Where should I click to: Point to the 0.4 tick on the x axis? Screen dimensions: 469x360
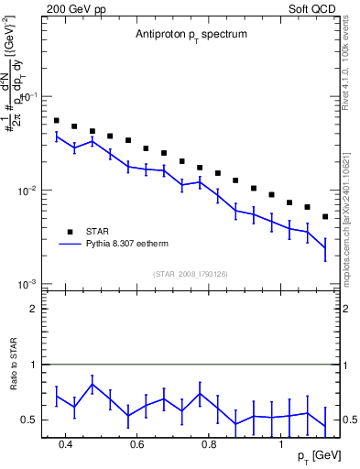(x=65, y=444)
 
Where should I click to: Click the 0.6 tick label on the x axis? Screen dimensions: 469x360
(x=136, y=444)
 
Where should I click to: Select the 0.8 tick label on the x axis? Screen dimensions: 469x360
(x=209, y=444)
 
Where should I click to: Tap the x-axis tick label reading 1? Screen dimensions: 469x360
(x=281, y=444)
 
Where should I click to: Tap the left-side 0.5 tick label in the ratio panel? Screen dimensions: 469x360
(x=31, y=420)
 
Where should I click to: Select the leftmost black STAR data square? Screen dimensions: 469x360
(x=56, y=120)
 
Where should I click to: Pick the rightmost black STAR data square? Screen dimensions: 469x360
(x=325, y=217)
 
